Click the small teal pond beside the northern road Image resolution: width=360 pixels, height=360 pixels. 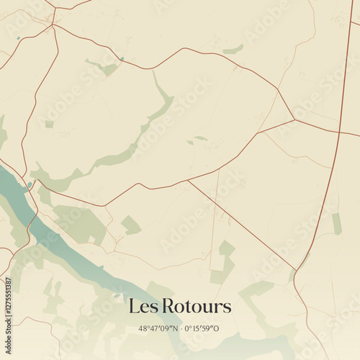tap(122, 59)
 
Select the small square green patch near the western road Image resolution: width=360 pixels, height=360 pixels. tap(49, 124)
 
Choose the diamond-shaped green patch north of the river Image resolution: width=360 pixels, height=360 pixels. tap(130, 225)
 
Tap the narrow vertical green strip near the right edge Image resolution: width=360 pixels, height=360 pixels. tap(337, 223)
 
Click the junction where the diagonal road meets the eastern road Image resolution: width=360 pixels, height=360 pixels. tap(296, 269)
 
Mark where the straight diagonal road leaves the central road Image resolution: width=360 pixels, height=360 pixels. tap(188, 180)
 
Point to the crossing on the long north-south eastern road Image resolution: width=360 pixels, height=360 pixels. tap(339, 132)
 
